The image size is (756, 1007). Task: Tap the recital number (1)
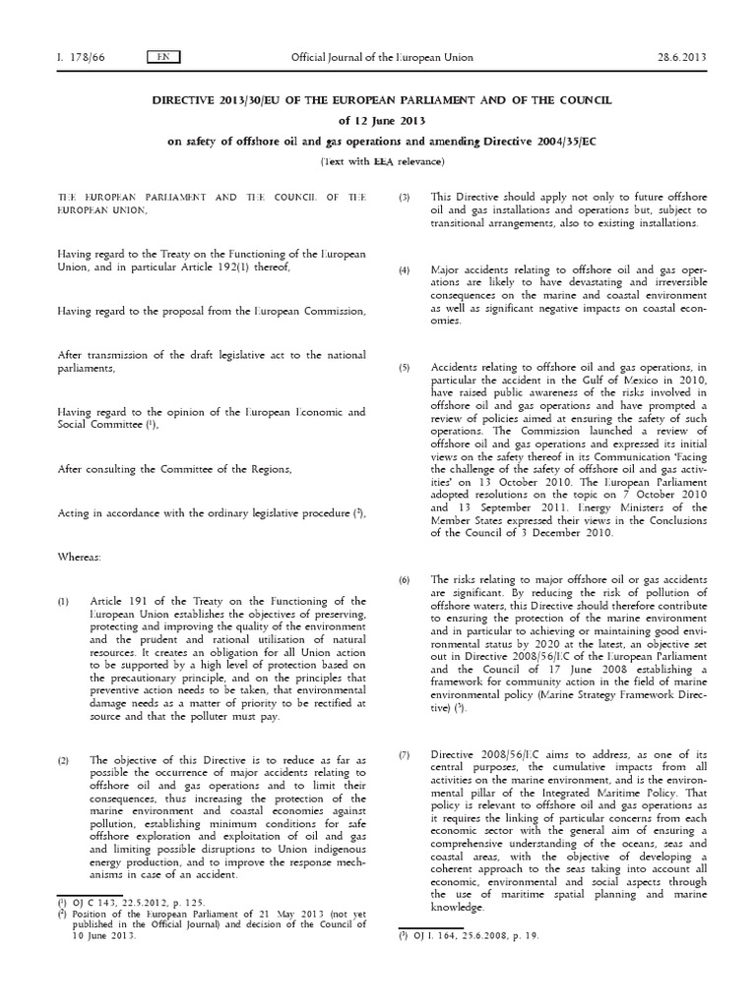pos(64,601)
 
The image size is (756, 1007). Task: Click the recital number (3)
pos(404,198)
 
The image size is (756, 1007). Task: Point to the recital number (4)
pos(404,268)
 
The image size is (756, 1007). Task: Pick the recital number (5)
pos(404,368)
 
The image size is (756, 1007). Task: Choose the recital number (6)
pos(404,580)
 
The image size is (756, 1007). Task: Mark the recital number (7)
pos(404,727)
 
